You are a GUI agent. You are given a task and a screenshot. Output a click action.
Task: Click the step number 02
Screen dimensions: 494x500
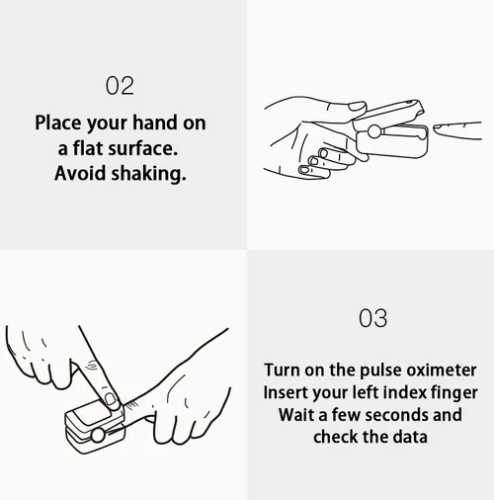coord(120,86)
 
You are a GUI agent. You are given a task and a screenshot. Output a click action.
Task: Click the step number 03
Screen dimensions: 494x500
coord(372,318)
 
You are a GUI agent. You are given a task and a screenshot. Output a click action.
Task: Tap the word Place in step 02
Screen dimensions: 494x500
coord(58,123)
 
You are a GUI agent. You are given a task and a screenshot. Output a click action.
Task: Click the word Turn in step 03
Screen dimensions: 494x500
coord(282,370)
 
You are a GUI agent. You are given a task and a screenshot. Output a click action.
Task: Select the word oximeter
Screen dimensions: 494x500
coord(442,370)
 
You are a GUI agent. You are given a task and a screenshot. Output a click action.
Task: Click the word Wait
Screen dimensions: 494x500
coord(296,415)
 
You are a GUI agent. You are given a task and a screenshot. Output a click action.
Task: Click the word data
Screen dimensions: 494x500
coord(410,437)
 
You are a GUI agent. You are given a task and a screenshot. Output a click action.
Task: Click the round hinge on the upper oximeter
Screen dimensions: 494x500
coord(373,131)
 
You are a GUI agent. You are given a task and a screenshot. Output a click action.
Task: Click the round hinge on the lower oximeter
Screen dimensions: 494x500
coord(98,435)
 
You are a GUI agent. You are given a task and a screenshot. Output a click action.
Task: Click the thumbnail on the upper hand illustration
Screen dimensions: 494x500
coord(358,106)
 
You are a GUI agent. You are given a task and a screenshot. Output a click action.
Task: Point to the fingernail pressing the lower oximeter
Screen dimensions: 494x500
coord(111,399)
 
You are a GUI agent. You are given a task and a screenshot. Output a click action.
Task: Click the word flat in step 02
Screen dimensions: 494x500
coord(88,148)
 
